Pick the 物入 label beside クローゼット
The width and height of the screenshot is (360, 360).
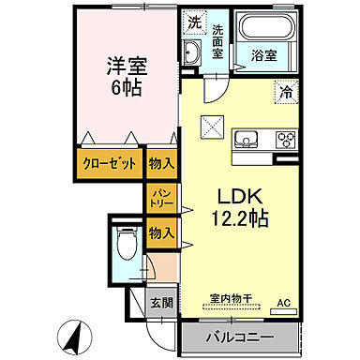(162, 163)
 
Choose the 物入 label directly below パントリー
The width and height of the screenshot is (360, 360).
(160, 232)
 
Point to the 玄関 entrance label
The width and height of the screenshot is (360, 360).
(161, 302)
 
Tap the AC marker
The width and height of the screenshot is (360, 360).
(283, 304)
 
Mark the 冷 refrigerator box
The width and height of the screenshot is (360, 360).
(283, 93)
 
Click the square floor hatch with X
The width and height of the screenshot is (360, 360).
(212, 123)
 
